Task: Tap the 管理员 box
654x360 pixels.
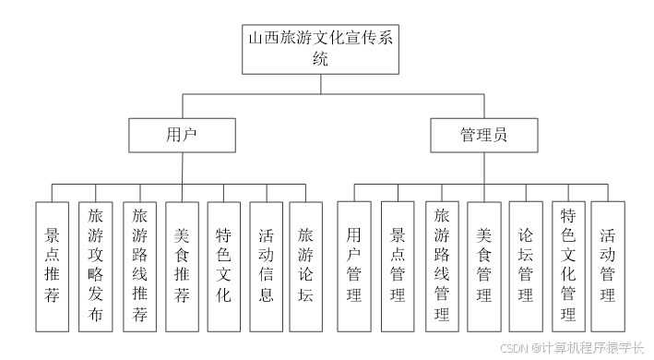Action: click(483, 135)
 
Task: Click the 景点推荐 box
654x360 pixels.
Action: click(52, 266)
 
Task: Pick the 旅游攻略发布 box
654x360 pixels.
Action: click(95, 266)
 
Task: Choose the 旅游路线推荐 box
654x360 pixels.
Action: click(138, 266)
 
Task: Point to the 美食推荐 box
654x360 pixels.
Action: click(182, 266)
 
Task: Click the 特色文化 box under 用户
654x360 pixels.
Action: click(224, 266)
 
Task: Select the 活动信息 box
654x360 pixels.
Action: click(266, 266)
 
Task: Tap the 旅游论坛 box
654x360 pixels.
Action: click(306, 266)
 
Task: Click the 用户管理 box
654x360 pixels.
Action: click(353, 266)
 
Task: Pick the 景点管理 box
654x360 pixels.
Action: click(398, 266)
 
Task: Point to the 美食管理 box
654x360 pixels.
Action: click(483, 266)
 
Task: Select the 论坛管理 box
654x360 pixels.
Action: click(525, 266)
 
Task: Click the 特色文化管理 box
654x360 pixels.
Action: click(567, 266)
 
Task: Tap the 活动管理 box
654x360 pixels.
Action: click(607, 266)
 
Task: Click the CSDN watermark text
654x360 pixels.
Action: click(571, 348)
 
